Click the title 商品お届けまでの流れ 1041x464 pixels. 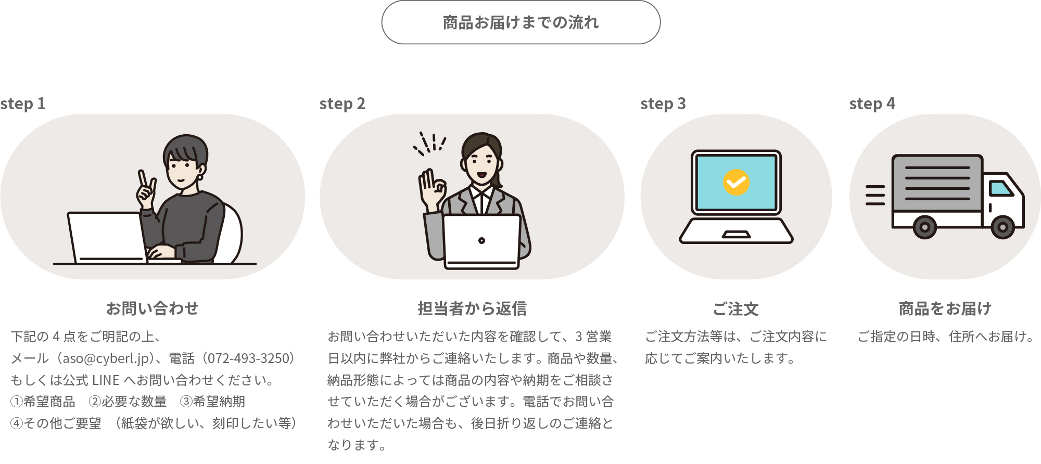point(521,22)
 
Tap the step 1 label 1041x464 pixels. point(23,104)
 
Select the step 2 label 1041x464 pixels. point(342,104)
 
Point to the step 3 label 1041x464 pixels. point(663,104)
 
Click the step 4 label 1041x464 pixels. point(872,104)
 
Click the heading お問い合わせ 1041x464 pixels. point(153,308)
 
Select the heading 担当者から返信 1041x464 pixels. point(472,308)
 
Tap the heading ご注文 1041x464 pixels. point(736,309)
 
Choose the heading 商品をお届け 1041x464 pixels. point(945,308)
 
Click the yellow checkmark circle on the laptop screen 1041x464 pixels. point(736,183)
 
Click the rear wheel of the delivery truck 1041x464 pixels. point(924,227)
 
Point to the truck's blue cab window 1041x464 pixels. point(1001,188)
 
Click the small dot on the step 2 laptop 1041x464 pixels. point(481,240)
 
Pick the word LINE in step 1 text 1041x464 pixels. point(106,380)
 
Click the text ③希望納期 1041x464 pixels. point(212,402)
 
